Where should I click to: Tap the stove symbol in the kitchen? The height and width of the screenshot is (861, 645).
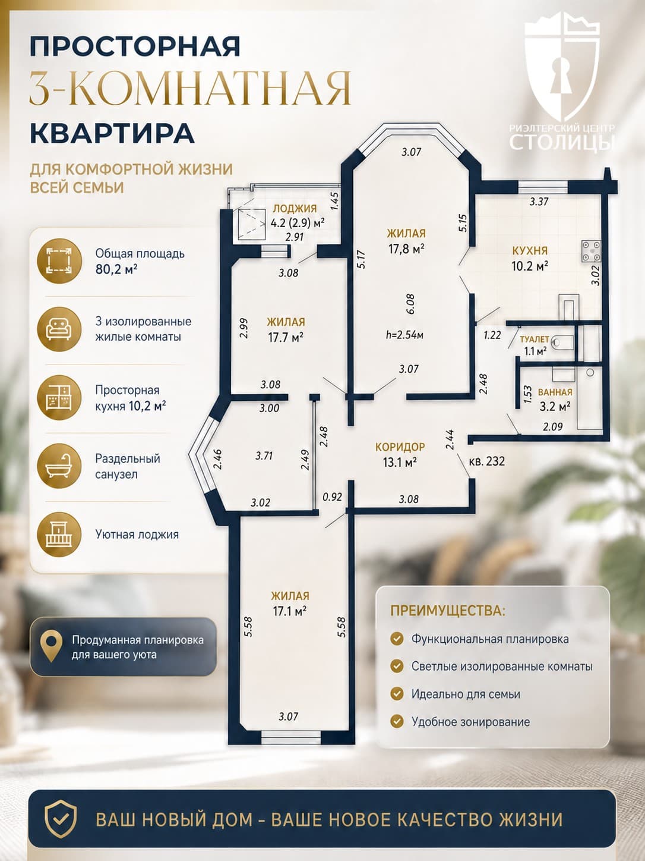(x=592, y=251)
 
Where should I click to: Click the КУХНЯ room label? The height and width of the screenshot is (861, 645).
(x=530, y=250)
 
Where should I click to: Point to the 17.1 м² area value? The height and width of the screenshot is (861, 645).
(x=290, y=611)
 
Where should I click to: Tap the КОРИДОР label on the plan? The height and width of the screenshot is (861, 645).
(x=400, y=447)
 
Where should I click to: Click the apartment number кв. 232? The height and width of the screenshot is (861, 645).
(x=487, y=461)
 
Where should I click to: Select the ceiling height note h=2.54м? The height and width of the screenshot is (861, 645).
(x=404, y=335)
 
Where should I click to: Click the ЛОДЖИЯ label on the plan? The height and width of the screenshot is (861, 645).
(x=295, y=208)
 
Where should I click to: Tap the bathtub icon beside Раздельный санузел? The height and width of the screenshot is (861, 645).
(x=59, y=466)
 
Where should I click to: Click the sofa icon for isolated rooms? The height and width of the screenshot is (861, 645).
(x=59, y=329)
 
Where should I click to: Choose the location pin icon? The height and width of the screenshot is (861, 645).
(x=51, y=646)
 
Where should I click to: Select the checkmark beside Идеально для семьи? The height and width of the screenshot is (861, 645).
(x=397, y=694)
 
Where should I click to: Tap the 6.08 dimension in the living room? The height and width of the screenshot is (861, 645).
(x=410, y=304)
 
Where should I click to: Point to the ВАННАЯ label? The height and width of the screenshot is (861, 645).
(x=555, y=392)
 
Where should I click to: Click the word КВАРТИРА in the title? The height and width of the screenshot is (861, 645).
(x=112, y=133)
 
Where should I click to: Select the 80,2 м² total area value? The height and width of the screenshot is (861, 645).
(x=116, y=270)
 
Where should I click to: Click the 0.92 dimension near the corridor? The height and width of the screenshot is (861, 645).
(x=333, y=497)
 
